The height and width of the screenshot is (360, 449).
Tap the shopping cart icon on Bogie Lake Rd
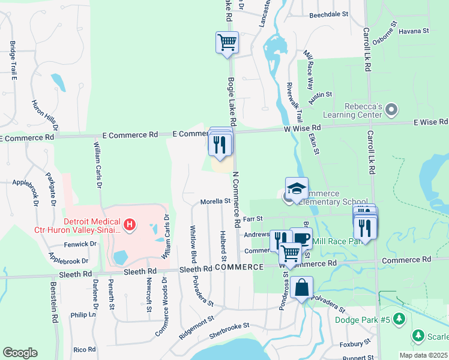(227, 43)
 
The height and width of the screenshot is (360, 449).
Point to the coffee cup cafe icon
(301, 238)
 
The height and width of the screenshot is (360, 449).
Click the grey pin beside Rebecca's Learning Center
(392, 110)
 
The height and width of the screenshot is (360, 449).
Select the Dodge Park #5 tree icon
(398, 320)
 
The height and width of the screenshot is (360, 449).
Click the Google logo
(20, 353)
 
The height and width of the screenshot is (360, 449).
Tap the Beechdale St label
(329, 14)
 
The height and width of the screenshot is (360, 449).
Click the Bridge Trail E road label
(13, 61)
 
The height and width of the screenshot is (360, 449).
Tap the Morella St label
(215, 202)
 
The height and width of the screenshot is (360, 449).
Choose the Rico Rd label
(84, 349)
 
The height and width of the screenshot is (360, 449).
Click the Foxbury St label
(355, 344)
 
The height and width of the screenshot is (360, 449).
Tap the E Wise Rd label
(430, 122)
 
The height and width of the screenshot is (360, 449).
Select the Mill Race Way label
(309, 68)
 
